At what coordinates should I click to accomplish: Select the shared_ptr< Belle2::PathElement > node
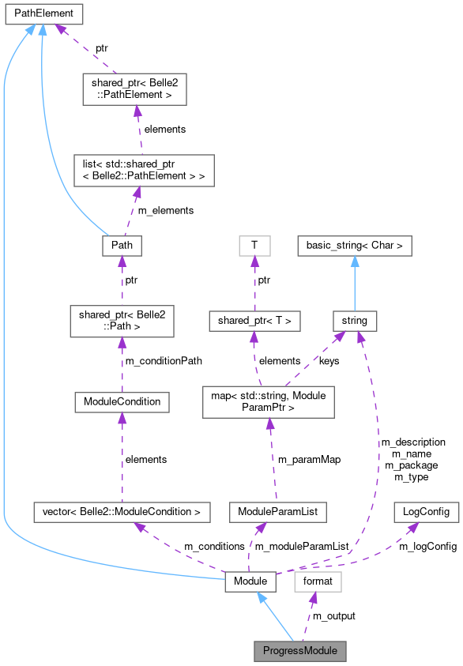click(134, 89)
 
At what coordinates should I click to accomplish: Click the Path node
click(122, 246)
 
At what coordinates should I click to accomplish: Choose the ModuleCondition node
click(122, 401)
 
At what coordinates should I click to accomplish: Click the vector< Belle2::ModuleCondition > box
click(122, 512)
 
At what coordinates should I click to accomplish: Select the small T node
click(254, 246)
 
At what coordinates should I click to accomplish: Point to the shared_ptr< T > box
click(254, 321)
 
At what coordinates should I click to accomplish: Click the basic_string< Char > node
click(355, 246)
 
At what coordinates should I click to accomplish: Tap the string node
click(355, 321)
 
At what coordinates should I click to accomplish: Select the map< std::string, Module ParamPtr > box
click(269, 401)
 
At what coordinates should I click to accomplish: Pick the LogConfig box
click(426, 512)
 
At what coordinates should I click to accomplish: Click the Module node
click(250, 582)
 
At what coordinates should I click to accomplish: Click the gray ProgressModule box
click(300, 652)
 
